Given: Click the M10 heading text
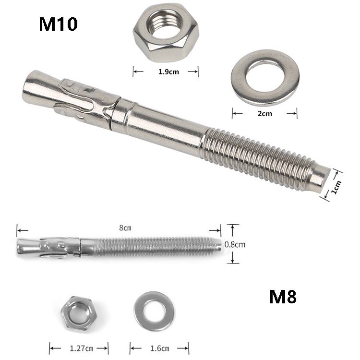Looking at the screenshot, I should coord(58,24).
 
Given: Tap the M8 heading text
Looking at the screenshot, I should coord(283,297).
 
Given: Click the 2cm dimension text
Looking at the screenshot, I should coord(264,114).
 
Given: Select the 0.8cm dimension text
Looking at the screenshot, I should coord(235,244).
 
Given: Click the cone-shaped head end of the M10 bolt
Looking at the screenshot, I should coord(38,86).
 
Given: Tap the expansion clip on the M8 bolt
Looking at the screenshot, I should coord(60,246).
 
